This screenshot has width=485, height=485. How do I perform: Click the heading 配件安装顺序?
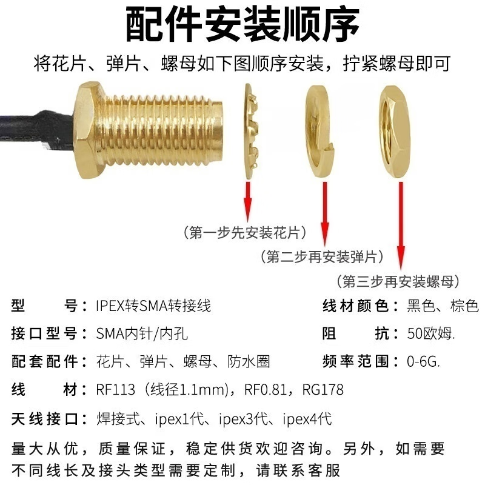click(x=242, y=24)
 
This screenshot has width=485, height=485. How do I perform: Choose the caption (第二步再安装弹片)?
click(x=321, y=257)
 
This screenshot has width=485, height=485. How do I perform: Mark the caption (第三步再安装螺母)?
click(x=398, y=281)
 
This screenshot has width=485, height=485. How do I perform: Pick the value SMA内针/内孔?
click(x=146, y=334)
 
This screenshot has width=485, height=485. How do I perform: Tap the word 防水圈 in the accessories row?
click(x=249, y=362)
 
